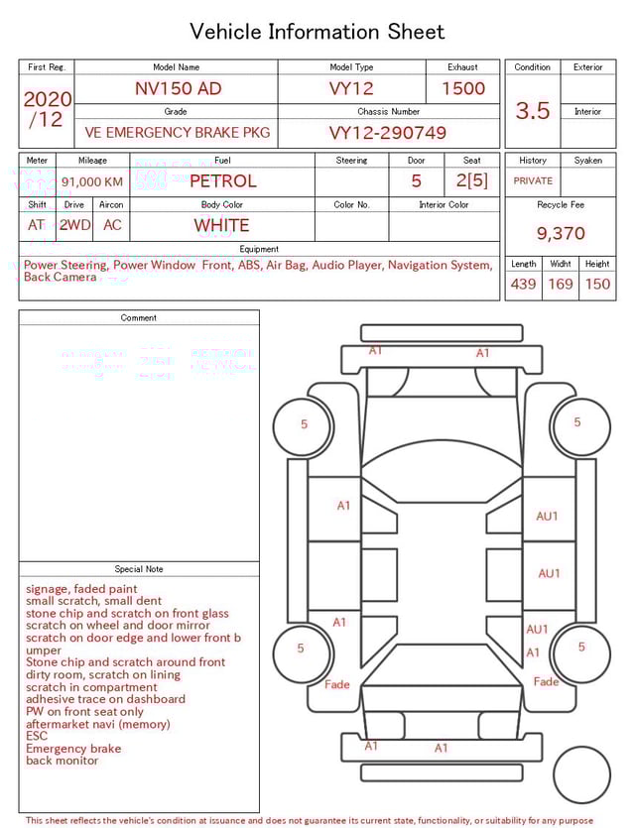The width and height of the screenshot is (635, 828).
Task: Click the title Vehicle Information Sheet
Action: tap(317, 32)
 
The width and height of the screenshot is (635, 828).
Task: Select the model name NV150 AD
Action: tap(178, 88)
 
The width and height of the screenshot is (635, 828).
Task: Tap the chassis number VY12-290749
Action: tap(388, 133)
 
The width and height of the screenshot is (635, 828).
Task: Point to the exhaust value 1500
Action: tap(463, 88)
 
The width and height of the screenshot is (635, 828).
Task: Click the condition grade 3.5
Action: tap(533, 111)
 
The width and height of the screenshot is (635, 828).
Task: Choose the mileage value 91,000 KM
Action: tap(92, 181)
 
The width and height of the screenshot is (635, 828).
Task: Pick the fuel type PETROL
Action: tap(222, 180)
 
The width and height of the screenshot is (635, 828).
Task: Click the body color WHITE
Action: tap(221, 225)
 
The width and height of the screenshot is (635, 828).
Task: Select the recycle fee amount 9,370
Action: tap(561, 233)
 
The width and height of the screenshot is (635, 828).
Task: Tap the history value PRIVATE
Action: tap(533, 181)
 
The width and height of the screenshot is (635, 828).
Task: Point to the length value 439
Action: tap(523, 285)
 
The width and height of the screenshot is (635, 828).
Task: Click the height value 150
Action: tap(597, 285)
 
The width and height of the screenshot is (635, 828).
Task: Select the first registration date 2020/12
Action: tap(47, 109)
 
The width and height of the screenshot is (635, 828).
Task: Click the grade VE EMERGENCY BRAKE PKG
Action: tap(177, 133)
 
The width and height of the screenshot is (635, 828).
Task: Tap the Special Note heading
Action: tap(139, 569)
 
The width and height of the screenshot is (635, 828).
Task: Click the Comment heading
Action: tap(139, 318)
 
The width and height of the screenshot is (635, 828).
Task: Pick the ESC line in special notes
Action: tap(37, 736)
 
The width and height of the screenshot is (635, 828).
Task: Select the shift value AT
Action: tap(37, 225)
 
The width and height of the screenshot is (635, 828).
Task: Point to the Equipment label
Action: tap(259, 249)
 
